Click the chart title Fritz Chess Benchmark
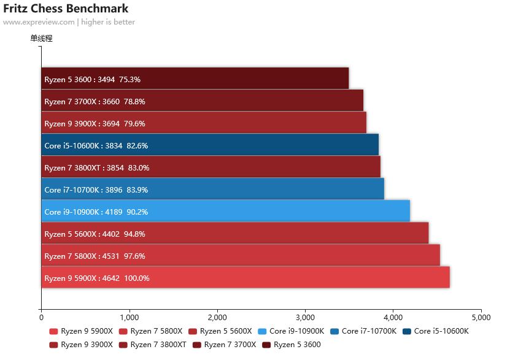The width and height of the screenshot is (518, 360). [x=66, y=9]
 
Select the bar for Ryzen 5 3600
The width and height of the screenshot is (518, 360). [x=195, y=79]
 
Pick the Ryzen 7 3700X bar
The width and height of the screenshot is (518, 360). [x=202, y=101]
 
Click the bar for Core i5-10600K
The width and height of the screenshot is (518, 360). [x=210, y=145]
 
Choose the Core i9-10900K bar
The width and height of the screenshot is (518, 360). [x=225, y=211]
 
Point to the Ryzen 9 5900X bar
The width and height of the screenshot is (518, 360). [x=245, y=277]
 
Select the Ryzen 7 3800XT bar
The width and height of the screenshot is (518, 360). [x=211, y=167]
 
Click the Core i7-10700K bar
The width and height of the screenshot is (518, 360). [x=212, y=189]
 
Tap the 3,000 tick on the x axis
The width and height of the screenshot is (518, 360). [x=305, y=318]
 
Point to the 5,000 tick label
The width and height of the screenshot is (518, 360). [x=481, y=318]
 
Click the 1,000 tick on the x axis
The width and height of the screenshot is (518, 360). [x=129, y=318]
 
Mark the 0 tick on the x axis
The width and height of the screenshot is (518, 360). [x=41, y=318]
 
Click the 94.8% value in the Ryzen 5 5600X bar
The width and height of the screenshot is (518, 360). [x=134, y=234]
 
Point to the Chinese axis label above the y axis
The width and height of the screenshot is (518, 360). [x=42, y=39]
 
